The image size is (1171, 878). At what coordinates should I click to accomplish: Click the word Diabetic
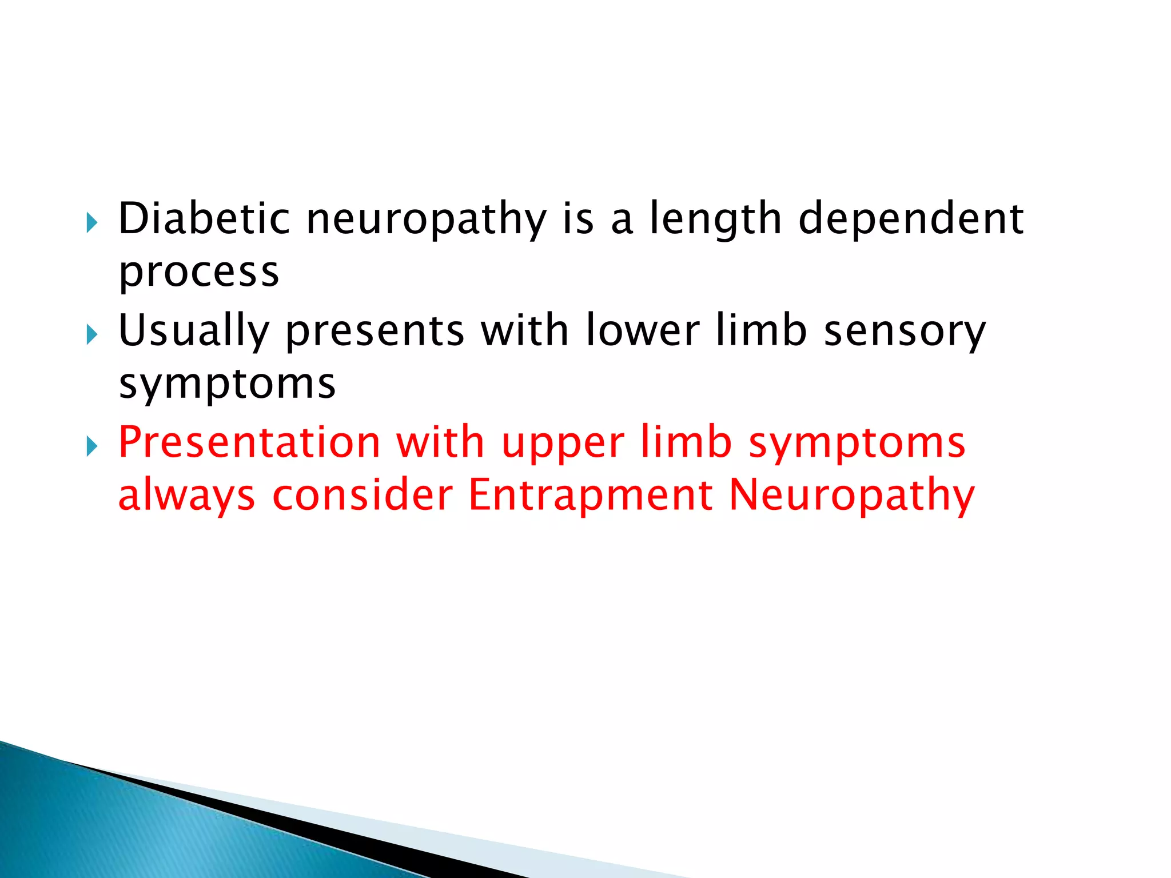point(204,218)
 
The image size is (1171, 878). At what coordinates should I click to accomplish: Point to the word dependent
point(910,219)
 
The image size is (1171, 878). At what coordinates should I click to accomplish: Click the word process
point(198,273)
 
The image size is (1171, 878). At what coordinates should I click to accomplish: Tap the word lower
point(642,331)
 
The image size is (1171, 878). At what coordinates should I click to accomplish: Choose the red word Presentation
point(249,442)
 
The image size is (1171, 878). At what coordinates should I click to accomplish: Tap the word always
point(186,496)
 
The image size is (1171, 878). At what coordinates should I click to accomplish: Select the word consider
point(363,495)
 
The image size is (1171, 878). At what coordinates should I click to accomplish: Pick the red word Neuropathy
point(852,496)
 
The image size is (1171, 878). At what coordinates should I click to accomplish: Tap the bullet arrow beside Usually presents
point(92,334)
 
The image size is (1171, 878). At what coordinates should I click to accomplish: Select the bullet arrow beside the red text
point(92,446)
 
